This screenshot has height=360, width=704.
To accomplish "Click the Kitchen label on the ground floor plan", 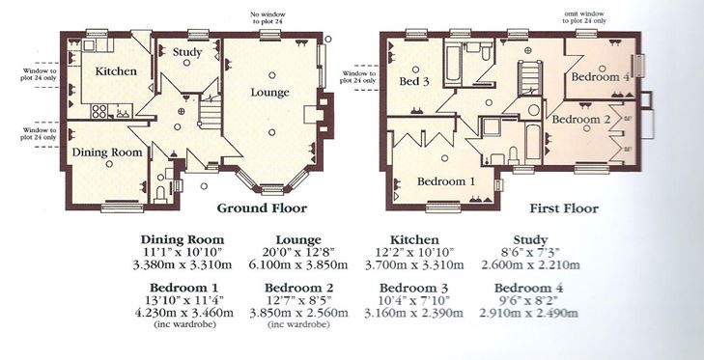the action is pos(116,71).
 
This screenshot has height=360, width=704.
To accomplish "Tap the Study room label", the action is pos(187,52).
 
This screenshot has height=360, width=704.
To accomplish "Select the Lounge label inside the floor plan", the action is pos(269,93).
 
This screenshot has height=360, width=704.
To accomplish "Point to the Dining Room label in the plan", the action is pos(107,152).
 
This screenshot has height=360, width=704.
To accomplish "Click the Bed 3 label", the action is pos(414,81).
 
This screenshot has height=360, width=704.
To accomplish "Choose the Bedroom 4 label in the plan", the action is pos(601,77).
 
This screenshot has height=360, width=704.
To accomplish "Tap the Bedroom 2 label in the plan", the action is pos(581,120).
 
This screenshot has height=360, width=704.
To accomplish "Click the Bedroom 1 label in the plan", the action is pos(446,181).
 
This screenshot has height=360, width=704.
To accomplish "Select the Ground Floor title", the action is pos(262,208).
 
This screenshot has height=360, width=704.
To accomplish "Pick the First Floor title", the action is pos(564,208).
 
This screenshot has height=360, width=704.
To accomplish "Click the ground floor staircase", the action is pos(210,112).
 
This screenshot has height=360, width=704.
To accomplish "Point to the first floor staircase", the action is pos(530,78).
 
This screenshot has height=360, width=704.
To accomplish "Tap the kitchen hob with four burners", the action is pos(99,111).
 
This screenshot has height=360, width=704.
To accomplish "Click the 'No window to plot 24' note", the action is pos(268,18).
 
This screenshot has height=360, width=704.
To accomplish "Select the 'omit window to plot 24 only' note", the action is pos(585,17).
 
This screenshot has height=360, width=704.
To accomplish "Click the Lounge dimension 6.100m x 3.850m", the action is pos(298,264).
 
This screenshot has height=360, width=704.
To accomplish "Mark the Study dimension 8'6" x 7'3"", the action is pos(530,252).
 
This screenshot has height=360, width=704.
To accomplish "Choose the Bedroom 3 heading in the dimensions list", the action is pos(414,288).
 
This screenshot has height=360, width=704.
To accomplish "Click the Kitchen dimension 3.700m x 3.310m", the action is pos(414,264).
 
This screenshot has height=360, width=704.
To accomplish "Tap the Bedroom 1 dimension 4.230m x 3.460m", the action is pos(184,313).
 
